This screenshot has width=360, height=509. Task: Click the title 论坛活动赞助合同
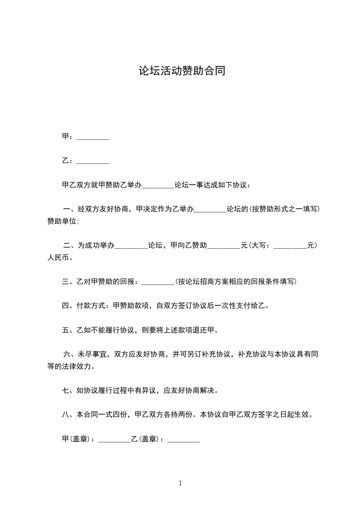pyautogui.click(x=182, y=71)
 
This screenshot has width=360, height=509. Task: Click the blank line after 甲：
pyautogui.click(x=93, y=137)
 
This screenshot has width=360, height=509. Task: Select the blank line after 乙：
pyautogui.click(x=93, y=161)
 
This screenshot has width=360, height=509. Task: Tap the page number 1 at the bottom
pyautogui.click(x=180, y=483)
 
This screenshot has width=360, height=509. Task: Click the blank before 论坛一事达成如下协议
pyautogui.click(x=158, y=185)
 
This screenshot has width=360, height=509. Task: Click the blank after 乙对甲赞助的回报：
pyautogui.click(x=158, y=282)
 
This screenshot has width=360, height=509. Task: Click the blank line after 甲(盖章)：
pyautogui.click(x=114, y=439)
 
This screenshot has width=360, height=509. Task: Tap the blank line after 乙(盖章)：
pyautogui.click(x=183, y=439)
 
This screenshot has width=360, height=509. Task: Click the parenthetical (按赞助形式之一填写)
pyautogui.click(x=286, y=210)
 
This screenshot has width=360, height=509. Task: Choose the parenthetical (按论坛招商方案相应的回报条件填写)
pyautogui.click(x=236, y=282)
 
